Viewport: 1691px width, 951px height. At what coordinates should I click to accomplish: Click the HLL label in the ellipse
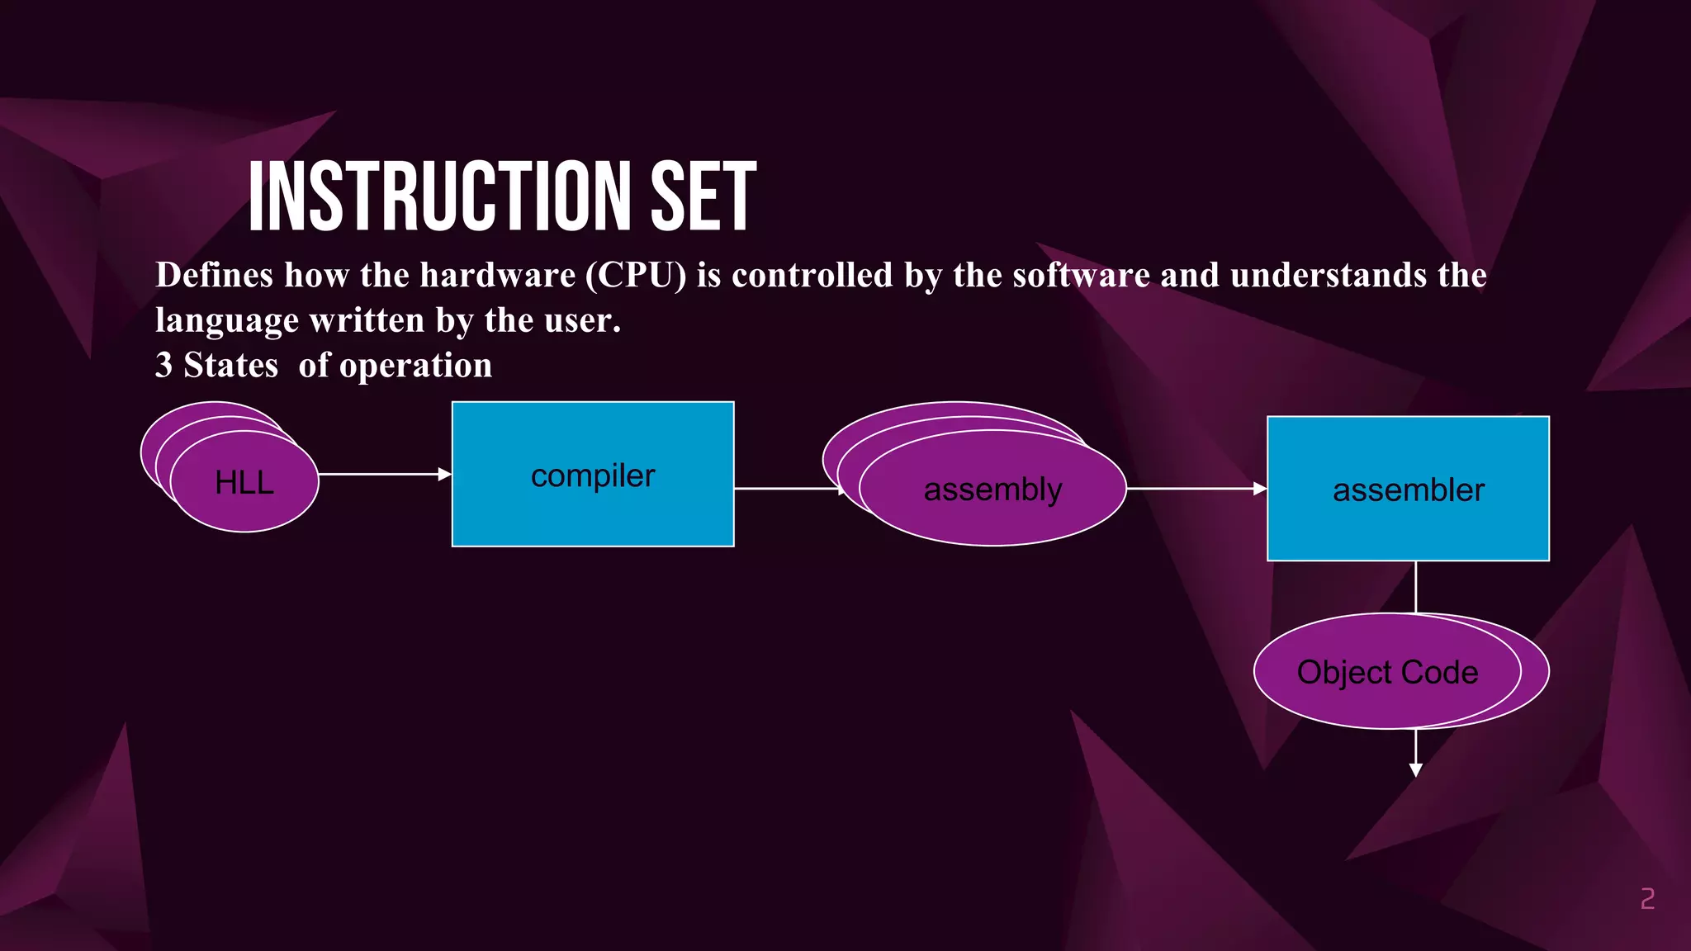click(x=244, y=483)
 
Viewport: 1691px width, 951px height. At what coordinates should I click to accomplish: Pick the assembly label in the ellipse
click(x=992, y=490)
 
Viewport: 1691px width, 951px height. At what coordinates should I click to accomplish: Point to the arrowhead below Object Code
click(x=1416, y=769)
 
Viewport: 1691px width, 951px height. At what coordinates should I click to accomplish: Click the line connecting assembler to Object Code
click(x=1416, y=586)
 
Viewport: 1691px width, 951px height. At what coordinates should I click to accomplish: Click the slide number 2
click(x=1647, y=898)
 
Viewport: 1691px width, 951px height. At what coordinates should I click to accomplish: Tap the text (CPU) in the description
click(x=636, y=276)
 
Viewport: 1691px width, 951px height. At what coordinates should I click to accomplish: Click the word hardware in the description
click(x=498, y=276)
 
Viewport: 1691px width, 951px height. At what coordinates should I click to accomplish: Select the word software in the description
click(x=1081, y=276)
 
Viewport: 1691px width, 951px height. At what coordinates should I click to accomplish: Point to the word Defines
click(x=214, y=276)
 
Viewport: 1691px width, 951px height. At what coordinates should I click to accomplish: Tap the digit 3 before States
click(x=163, y=366)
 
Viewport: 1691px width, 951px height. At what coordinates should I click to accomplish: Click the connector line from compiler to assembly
click(x=784, y=489)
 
